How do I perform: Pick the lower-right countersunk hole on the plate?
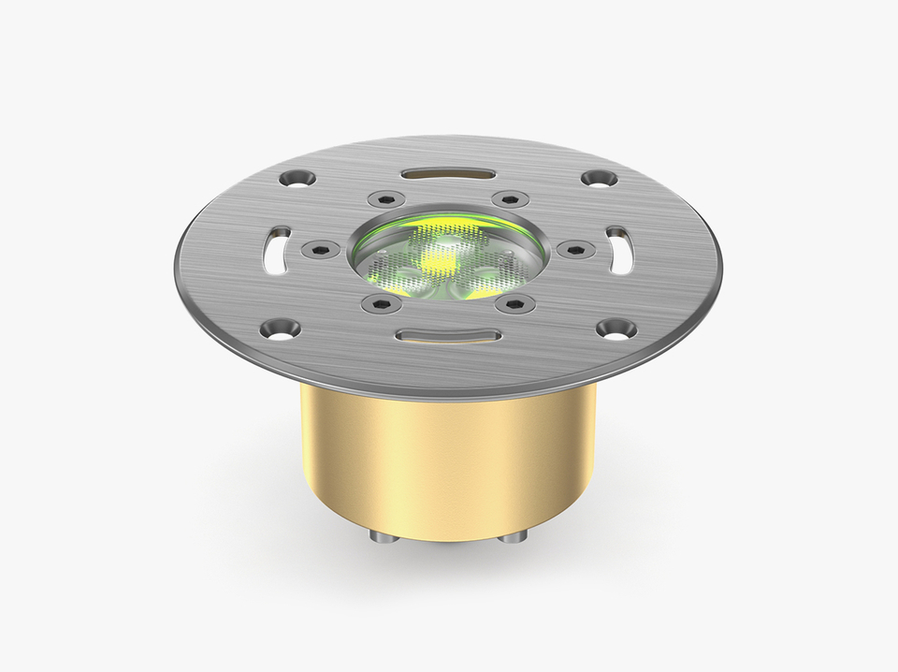616,328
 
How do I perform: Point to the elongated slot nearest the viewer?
447,335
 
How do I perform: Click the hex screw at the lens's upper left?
384,198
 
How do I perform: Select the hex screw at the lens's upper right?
509,198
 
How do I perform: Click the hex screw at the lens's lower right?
514,303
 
